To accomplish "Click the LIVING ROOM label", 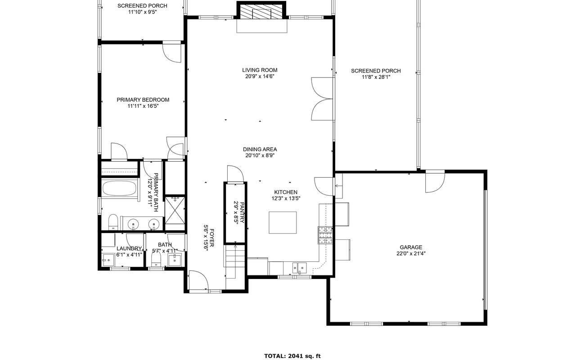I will point(260,70).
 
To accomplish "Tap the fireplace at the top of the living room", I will point(261,13).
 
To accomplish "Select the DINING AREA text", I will point(260,149).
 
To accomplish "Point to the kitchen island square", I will point(283,222).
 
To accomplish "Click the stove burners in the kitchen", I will point(325,234).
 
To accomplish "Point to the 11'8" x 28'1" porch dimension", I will point(376,77).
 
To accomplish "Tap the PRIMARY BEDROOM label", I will point(143,100).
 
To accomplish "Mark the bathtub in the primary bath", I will point(119,188).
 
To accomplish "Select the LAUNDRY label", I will point(129,248).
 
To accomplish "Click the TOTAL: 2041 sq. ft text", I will point(292,355).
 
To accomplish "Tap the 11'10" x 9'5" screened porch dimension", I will point(142,12).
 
